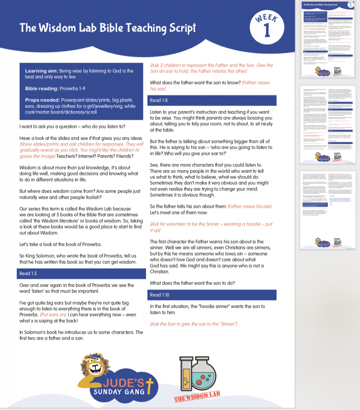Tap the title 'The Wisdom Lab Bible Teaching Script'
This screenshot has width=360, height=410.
point(108,28)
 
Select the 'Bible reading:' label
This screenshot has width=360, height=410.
point(42,88)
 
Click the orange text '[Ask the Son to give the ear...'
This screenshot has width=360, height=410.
point(194,323)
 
